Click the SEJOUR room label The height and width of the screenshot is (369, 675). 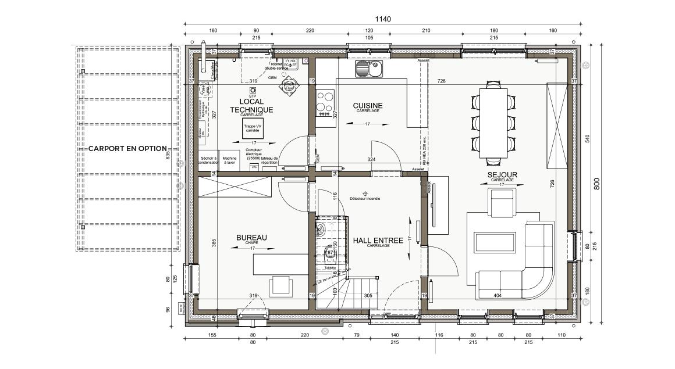(x=503, y=174)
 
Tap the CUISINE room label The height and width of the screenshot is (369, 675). (x=368, y=106)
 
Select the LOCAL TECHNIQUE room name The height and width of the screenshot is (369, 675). (x=251, y=105)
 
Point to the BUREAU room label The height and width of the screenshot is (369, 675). (x=251, y=238)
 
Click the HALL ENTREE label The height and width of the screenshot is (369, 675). (x=378, y=240)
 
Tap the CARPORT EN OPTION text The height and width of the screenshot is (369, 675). (x=127, y=149)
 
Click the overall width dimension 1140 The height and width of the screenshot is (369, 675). (x=382, y=19)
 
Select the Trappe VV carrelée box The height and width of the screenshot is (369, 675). (x=251, y=130)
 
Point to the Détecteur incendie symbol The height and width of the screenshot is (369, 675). (x=365, y=194)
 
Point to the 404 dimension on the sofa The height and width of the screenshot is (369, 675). (x=497, y=296)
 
